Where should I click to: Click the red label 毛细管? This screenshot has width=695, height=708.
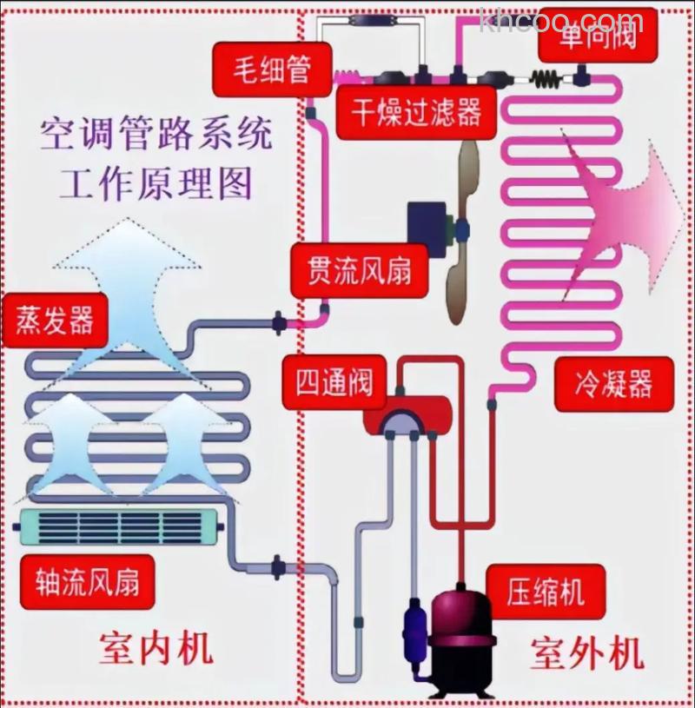(x=260, y=68)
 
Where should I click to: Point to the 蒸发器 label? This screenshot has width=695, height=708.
(x=55, y=320)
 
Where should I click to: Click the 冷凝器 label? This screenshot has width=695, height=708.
(x=612, y=383)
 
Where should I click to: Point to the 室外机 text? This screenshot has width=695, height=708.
(x=586, y=652)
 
